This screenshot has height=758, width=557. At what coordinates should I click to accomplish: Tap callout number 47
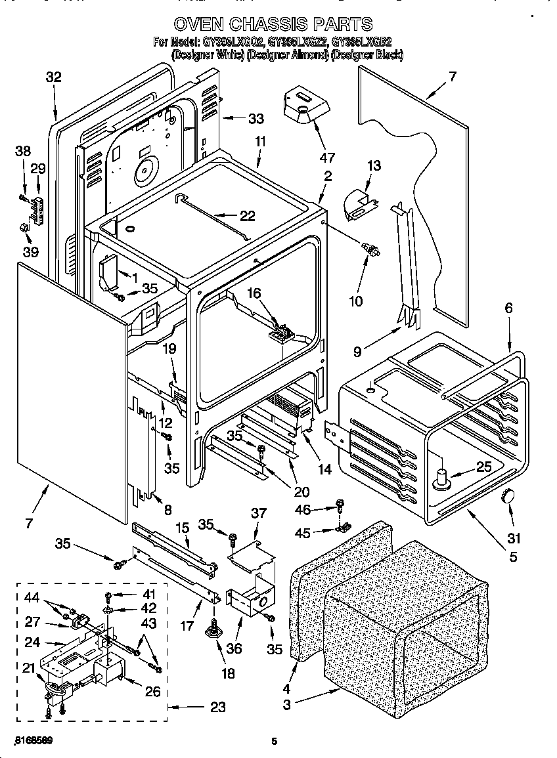pyautogui.click(x=326, y=158)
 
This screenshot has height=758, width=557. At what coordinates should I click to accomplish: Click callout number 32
pyautogui.click(x=53, y=77)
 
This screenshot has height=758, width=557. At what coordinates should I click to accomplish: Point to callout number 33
pyautogui.click(x=256, y=119)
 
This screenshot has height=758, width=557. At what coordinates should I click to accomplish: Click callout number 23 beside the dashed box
pyautogui.click(x=217, y=707)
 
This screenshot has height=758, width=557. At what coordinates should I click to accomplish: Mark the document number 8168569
pyautogui.click(x=33, y=740)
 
